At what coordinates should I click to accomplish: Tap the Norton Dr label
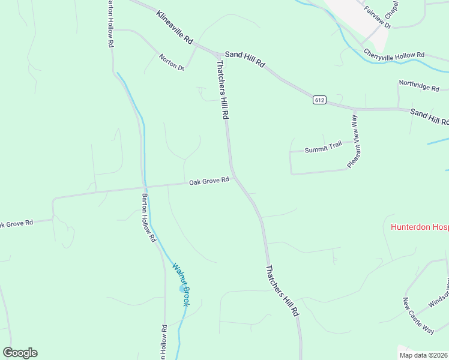(x=172, y=62)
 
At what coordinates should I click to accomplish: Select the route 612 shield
(x=319, y=100)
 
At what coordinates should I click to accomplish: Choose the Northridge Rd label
(x=419, y=87)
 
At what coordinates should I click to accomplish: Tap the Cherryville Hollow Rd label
(x=394, y=55)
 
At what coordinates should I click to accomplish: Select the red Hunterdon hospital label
(x=420, y=227)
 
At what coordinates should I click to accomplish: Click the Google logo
(x=20, y=353)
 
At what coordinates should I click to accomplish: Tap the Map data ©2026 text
(x=423, y=355)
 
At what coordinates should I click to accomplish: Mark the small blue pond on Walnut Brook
(x=182, y=289)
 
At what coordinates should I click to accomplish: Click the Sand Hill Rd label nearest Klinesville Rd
(x=245, y=58)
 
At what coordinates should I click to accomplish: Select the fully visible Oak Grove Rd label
(x=209, y=181)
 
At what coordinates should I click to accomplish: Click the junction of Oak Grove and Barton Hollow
(x=145, y=187)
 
